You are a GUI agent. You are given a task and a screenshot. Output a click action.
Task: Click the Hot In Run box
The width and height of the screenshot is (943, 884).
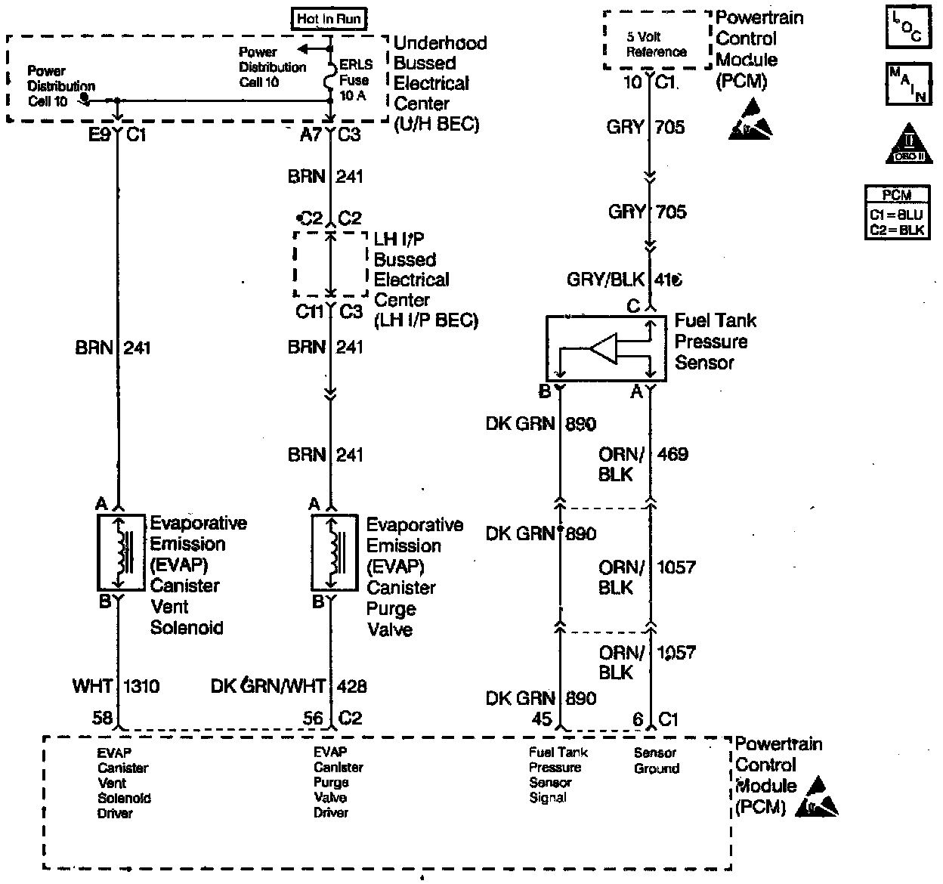click(x=329, y=19)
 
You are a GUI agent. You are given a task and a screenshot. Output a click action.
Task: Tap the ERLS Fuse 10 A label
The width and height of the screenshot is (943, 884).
click(x=355, y=80)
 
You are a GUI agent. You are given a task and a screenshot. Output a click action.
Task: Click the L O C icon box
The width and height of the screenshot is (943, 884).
click(x=907, y=28)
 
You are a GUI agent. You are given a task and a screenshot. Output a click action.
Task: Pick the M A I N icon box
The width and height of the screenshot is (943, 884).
click(x=907, y=84)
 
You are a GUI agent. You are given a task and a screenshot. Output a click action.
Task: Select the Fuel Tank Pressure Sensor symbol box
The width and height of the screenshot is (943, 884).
click(x=606, y=348)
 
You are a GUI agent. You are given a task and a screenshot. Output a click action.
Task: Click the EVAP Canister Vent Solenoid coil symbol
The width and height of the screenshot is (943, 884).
click(x=120, y=553)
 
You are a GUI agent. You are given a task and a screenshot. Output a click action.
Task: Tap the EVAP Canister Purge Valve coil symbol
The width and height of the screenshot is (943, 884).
click(x=335, y=554)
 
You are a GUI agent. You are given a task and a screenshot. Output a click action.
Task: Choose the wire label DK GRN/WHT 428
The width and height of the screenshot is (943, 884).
click(x=289, y=687)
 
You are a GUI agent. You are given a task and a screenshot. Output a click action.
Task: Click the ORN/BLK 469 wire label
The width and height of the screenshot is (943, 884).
click(x=642, y=464)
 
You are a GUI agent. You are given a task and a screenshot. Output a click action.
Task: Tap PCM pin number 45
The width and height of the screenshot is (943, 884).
click(x=542, y=719)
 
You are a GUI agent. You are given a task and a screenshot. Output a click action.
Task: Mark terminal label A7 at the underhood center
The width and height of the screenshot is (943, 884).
click(x=311, y=135)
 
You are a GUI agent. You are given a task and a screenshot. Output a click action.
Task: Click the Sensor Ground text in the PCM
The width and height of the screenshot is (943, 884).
click(x=656, y=761)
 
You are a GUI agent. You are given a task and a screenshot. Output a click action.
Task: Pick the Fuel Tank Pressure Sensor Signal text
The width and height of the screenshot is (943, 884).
click(x=558, y=774)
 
